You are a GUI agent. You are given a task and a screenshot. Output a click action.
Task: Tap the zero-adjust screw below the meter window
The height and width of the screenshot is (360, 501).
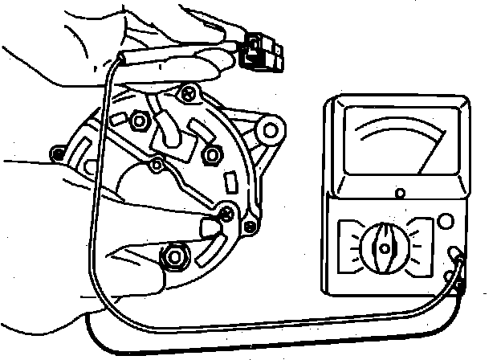pos(401,193)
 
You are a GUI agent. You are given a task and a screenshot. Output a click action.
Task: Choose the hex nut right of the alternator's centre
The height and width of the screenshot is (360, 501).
pos(213,153)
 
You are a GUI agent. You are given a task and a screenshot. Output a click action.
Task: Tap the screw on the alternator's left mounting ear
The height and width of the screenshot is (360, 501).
pos(58,152)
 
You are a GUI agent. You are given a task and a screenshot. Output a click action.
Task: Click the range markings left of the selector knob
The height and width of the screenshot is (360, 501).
pos(349,242)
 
